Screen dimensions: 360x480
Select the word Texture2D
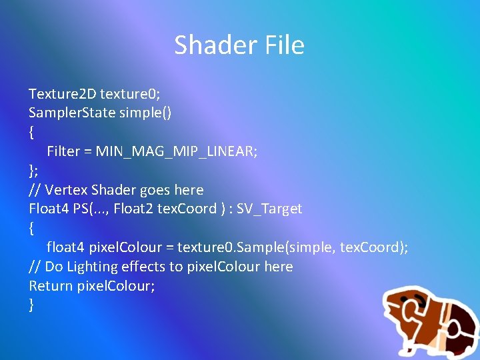[62, 94]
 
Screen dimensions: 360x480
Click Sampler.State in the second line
[72, 113]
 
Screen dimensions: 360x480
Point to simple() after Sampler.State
[145, 113]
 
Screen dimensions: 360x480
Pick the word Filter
[63, 151]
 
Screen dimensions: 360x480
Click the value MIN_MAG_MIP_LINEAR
[177, 151]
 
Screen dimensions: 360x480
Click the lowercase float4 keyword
[65, 247]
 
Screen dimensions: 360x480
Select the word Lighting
[94, 267]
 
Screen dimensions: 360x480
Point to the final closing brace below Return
[31, 305]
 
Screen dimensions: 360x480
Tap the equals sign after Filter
[87, 151]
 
